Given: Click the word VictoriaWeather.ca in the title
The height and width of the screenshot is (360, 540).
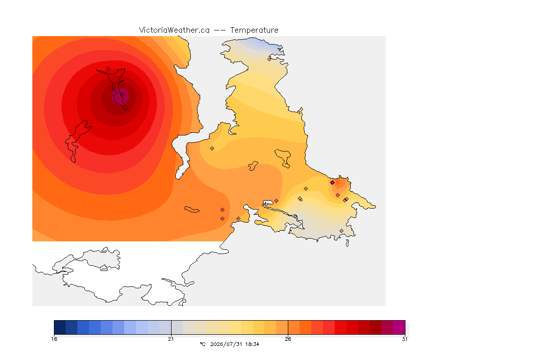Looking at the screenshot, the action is tap(174, 30).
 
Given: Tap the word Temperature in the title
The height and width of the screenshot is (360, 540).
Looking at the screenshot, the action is tap(254, 30).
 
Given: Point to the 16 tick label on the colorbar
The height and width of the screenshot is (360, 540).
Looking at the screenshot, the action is tap(54, 339).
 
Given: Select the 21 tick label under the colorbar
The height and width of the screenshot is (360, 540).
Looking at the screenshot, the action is tap(171, 339).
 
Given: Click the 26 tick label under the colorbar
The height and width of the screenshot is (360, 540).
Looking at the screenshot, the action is tap(288, 339).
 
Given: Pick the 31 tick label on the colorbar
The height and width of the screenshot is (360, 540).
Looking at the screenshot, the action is tap(405, 339).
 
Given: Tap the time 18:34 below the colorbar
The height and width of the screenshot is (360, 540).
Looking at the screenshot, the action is tap(252, 344).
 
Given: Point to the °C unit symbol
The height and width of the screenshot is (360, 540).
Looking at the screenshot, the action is tap(202, 344).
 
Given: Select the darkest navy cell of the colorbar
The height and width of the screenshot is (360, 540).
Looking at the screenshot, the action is tap(60, 327).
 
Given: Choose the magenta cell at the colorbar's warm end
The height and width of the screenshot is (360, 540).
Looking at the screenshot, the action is tap(399, 327).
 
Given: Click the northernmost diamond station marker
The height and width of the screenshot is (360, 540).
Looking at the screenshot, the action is tap(270, 59).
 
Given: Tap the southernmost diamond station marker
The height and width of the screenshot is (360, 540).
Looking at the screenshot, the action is tap(341, 231).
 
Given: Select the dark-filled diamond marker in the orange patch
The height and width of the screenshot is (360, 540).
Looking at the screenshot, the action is tap(332, 183).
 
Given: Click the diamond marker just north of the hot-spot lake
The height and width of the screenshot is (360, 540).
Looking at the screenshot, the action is tap(108, 69).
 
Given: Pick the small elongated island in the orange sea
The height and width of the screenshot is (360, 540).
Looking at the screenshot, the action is tap(191, 210).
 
